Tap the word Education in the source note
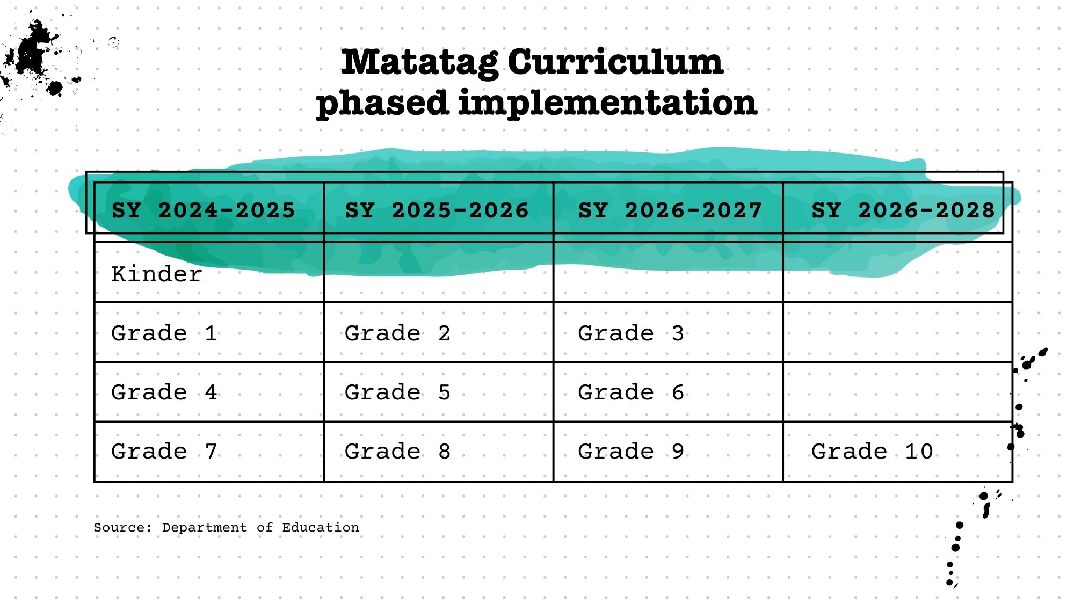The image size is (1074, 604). click(321, 527)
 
